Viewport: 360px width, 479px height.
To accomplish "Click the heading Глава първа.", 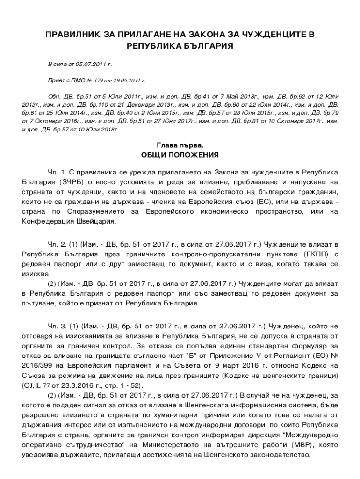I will pos(180,145).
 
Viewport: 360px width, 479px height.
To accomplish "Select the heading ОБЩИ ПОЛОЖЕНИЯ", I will pos(180,155).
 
